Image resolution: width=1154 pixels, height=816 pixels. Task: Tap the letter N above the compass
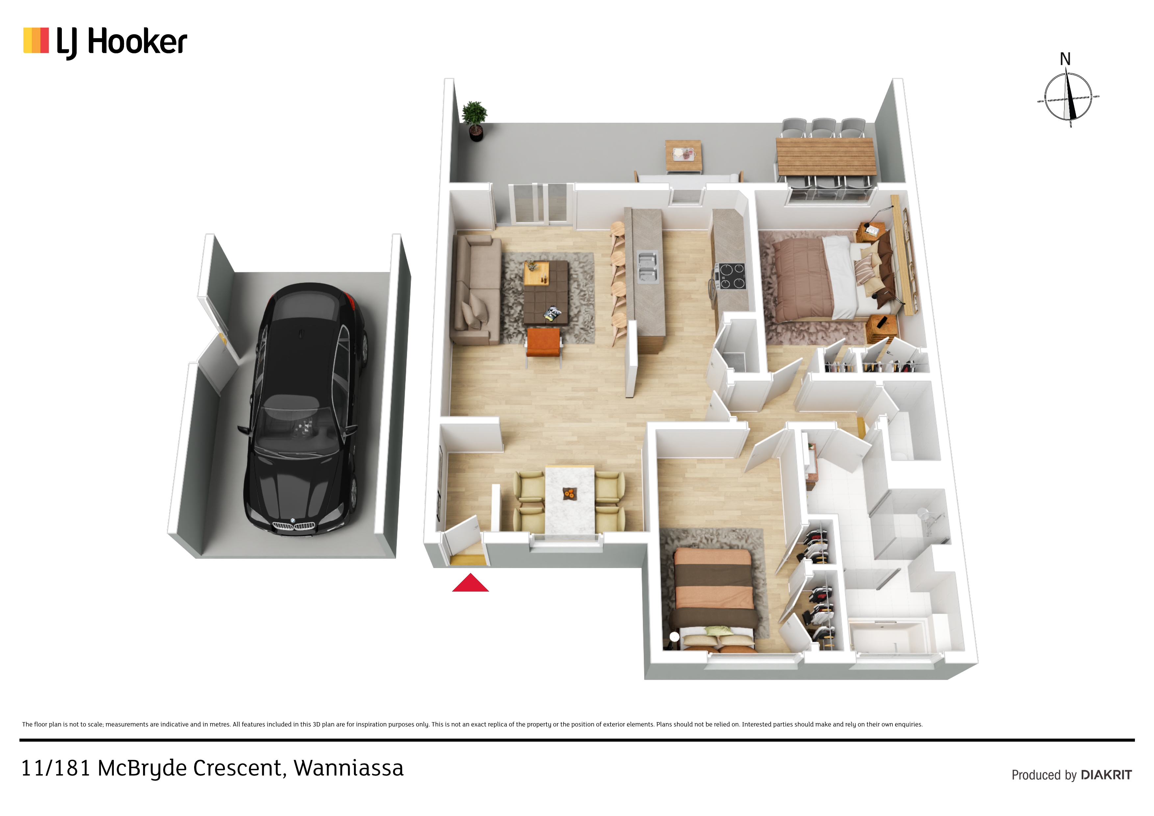(x=1065, y=59)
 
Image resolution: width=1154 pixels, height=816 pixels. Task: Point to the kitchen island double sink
(x=647, y=267)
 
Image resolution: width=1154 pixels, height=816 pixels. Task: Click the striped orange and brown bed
(x=714, y=598)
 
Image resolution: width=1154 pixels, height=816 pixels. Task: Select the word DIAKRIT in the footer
(x=1106, y=775)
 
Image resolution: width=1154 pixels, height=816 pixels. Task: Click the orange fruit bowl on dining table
(x=569, y=494)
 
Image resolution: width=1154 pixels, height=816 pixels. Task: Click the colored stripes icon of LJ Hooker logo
(x=36, y=40)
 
